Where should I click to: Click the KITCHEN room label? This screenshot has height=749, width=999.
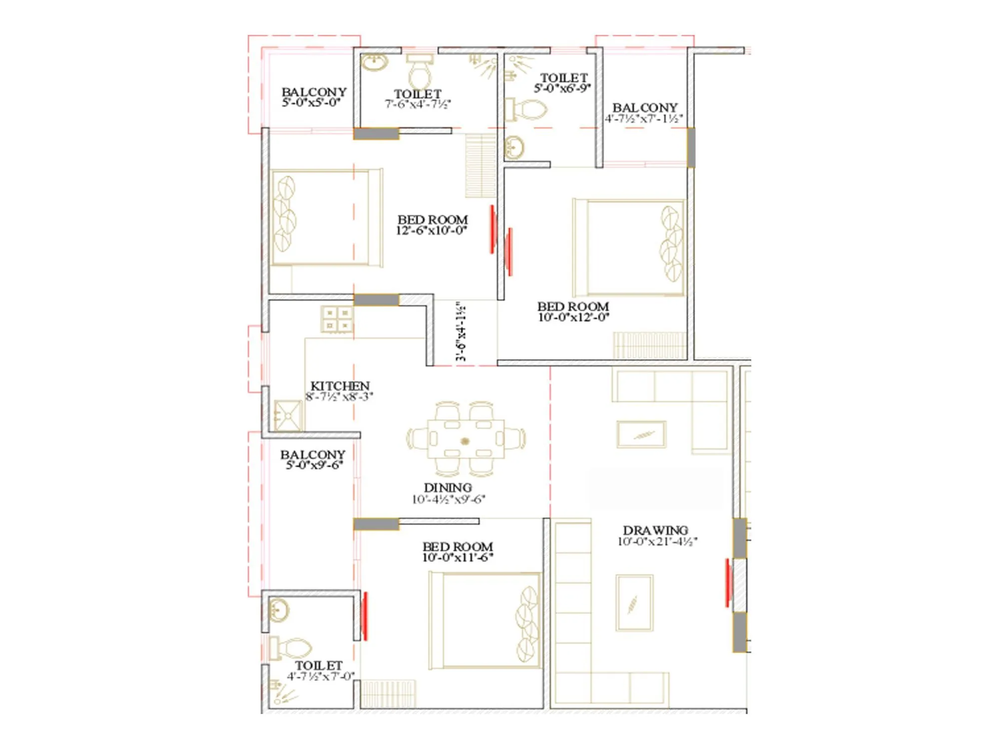340,386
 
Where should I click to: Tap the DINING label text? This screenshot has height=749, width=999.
448,487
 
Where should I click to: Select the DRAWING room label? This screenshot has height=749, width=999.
655,530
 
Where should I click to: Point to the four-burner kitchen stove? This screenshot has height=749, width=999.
337,320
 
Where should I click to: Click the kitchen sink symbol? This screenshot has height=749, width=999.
288,415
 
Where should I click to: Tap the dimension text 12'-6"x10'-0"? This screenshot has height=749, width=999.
432,231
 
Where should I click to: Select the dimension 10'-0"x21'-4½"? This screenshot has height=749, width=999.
657,542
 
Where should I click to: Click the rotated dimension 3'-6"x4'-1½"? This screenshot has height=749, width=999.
462,331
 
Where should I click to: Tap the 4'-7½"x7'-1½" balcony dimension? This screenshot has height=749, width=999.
644,119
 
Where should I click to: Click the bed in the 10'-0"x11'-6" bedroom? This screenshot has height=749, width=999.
485,621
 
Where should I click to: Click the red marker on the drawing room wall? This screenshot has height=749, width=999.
727,583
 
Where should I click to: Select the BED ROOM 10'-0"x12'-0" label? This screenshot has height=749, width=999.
573,307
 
